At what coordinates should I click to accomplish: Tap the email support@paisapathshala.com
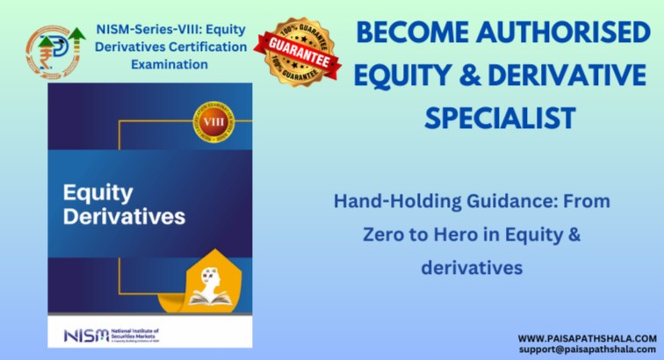pyautogui.click(x=587, y=349)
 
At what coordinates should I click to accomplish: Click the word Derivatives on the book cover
pyautogui.click(x=122, y=216)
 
